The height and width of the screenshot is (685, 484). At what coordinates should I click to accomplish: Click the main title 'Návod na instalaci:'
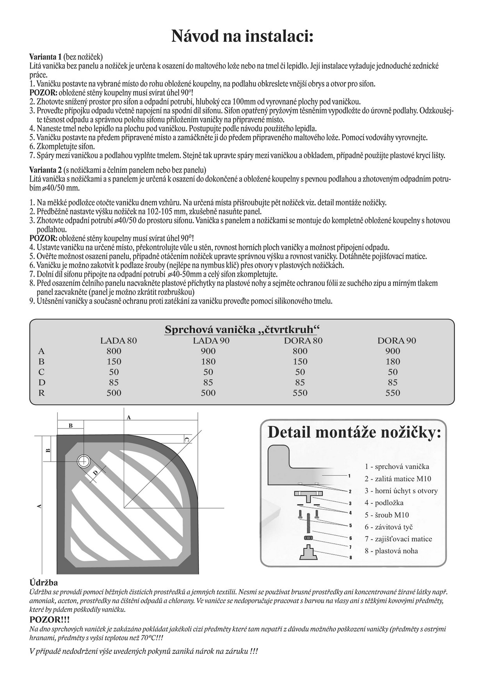[242, 37]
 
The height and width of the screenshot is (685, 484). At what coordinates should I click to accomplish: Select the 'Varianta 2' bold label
[45, 170]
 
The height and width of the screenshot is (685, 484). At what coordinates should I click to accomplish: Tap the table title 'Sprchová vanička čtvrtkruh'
[242, 329]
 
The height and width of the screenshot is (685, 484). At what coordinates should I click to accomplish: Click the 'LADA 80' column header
[118, 341]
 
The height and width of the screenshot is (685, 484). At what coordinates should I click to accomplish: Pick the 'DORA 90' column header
[397, 341]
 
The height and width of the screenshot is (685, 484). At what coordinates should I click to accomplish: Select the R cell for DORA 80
[300, 393]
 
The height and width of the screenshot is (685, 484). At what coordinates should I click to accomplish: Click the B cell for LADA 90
[208, 362]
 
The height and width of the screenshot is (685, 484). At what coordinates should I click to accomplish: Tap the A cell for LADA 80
[114, 351]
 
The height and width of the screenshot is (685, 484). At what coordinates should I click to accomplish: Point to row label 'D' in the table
[42, 382]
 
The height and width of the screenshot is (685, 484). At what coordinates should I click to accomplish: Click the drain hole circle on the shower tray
[84, 461]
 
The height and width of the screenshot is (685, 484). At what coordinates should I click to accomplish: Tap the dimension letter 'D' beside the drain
[95, 473]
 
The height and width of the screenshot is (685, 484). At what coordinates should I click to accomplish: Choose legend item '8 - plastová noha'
[391, 551]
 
